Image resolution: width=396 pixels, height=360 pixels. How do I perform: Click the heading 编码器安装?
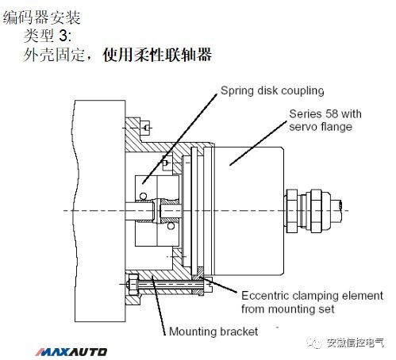click(40, 17)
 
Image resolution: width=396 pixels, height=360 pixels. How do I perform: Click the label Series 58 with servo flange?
click(324, 121)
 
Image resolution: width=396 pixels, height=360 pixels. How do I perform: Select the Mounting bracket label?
click(213, 331)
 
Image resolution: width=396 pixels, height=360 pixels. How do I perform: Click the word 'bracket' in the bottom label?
click(237, 331)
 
